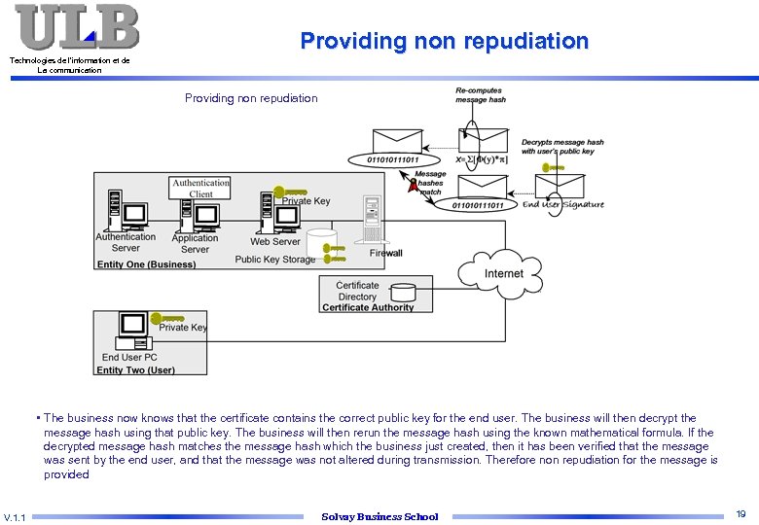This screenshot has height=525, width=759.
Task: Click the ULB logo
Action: coord(77,26)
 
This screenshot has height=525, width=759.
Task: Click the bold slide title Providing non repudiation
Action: coord(444,41)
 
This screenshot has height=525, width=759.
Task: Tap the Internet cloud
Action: coord(503,273)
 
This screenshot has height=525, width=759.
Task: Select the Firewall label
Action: coord(385,253)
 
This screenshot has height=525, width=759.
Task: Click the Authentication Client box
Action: coord(200,188)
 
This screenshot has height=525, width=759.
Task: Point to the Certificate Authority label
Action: coord(367,307)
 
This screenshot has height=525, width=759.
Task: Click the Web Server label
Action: coord(275,241)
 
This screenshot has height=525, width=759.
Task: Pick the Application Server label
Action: coord(195,243)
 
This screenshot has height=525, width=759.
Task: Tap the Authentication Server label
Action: coord(126,242)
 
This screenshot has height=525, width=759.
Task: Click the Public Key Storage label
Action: coord(275,260)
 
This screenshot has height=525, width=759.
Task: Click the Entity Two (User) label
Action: coord(136,369)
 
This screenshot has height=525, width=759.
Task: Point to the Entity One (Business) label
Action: coord(146,264)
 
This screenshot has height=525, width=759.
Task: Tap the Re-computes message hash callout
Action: coord(481,95)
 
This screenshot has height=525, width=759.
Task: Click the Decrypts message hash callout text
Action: coord(562,147)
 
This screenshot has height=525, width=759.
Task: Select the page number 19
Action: coord(741,514)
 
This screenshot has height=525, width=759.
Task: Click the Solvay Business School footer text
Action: coord(379,516)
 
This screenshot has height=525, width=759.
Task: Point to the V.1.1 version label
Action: coord(16,516)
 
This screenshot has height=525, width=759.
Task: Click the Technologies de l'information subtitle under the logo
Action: coord(69,65)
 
